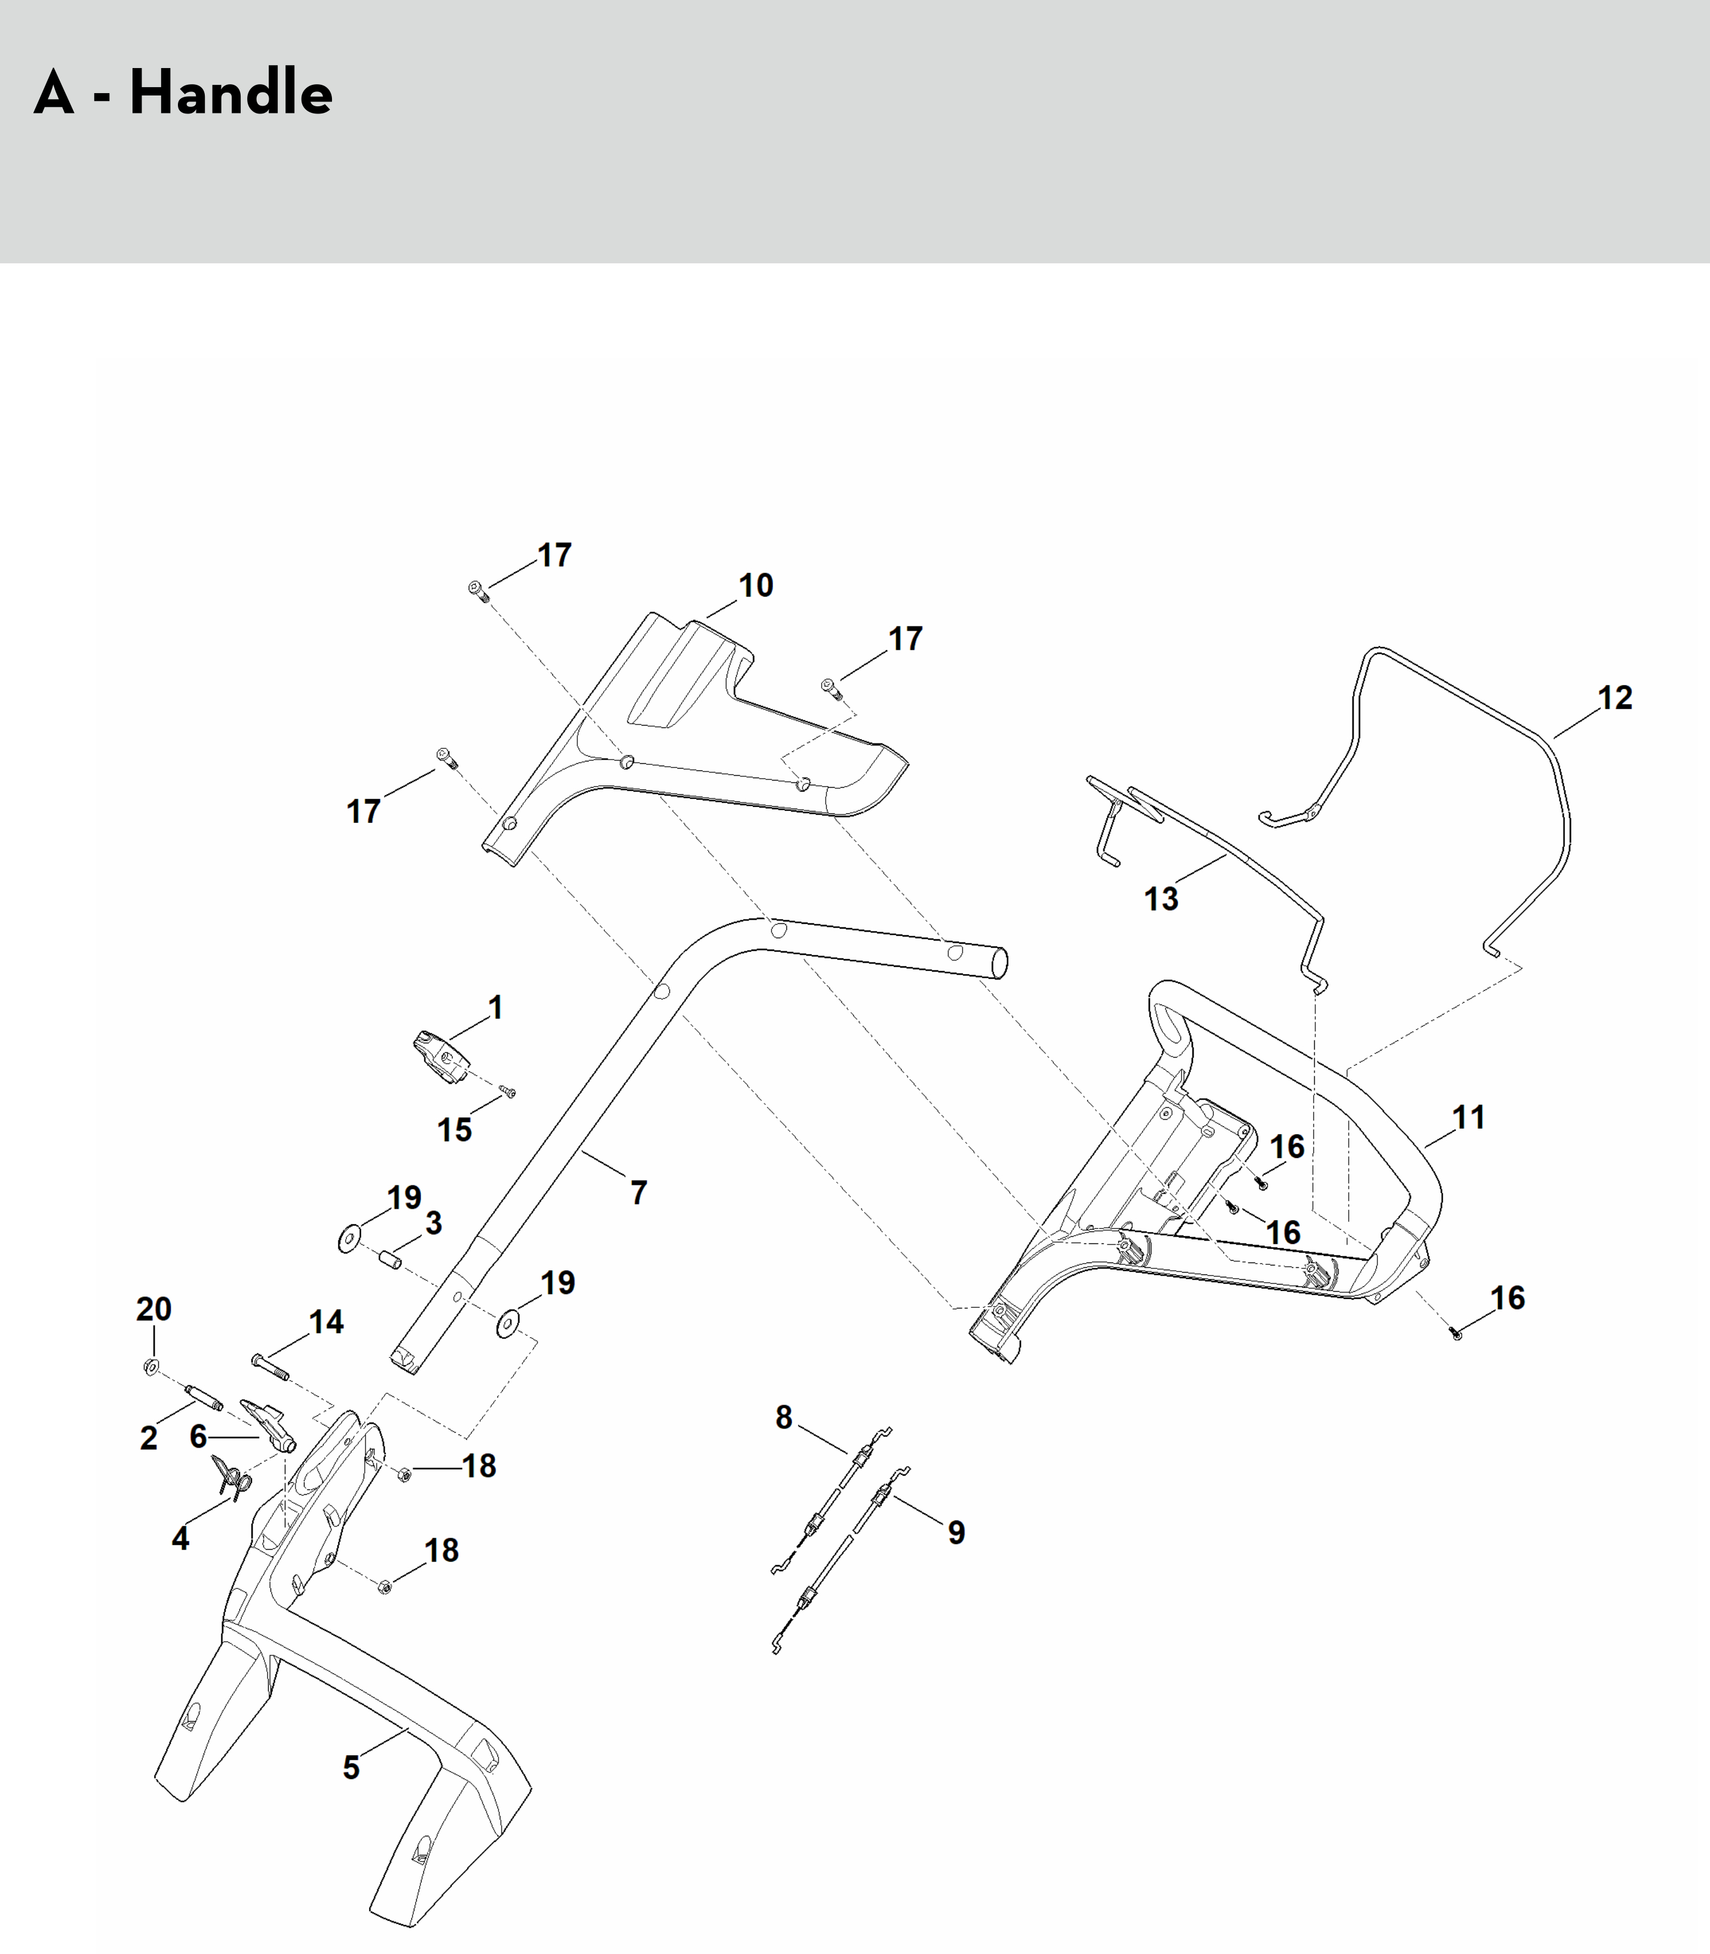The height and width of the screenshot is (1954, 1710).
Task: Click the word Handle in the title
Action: click(x=231, y=93)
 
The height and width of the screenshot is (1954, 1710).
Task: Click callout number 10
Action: click(x=756, y=586)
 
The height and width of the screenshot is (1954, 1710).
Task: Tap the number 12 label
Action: click(x=1614, y=698)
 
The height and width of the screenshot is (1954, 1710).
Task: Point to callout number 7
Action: click(x=638, y=1192)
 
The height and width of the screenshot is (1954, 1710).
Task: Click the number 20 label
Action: click(x=153, y=1308)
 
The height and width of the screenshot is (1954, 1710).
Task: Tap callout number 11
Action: click(x=1469, y=1117)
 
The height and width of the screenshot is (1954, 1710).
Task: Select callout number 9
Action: click(x=956, y=1532)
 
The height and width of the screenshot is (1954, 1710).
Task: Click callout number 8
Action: click(x=783, y=1418)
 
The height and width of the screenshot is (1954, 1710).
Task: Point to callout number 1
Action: click(x=495, y=1007)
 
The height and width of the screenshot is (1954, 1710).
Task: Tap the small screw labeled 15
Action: click(x=508, y=1092)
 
